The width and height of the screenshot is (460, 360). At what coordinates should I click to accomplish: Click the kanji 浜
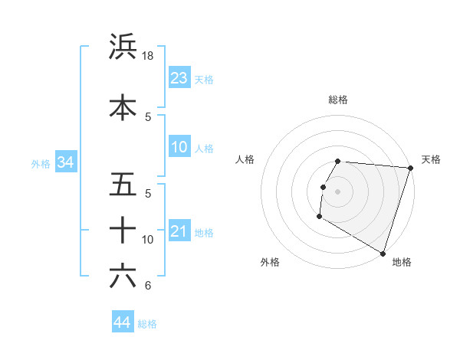click(x=123, y=47)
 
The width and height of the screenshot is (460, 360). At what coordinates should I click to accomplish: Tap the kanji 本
click(x=123, y=106)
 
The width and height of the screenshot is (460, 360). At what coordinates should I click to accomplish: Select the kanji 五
click(x=123, y=185)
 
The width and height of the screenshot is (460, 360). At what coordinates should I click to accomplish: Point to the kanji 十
click(x=123, y=229)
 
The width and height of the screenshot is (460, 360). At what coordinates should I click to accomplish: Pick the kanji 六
click(x=123, y=276)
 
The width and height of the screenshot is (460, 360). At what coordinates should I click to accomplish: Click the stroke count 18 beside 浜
click(x=149, y=56)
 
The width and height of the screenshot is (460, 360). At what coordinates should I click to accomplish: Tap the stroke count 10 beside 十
click(x=148, y=240)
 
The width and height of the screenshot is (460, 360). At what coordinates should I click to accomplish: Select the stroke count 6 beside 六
click(x=148, y=286)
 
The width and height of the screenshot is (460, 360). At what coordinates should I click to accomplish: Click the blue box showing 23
click(x=179, y=78)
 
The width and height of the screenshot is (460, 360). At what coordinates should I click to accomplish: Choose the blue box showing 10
click(x=179, y=147)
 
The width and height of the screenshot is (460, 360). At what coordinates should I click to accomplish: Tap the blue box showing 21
click(x=179, y=231)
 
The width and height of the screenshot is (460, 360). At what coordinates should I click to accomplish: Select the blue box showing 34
click(x=65, y=162)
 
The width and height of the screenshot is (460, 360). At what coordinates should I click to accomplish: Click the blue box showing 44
click(x=122, y=323)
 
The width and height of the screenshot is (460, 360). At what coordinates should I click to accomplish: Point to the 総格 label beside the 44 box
click(x=147, y=324)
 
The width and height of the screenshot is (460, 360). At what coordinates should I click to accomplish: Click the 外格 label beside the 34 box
click(x=41, y=163)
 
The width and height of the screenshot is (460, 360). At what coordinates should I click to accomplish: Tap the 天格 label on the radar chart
click(x=431, y=159)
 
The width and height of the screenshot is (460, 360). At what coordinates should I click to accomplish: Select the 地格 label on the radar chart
click(x=402, y=262)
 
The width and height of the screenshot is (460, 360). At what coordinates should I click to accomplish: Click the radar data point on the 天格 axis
click(x=410, y=168)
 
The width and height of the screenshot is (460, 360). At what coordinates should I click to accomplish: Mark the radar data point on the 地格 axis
click(x=382, y=252)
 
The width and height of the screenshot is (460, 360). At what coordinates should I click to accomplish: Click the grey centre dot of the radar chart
click(x=338, y=191)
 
